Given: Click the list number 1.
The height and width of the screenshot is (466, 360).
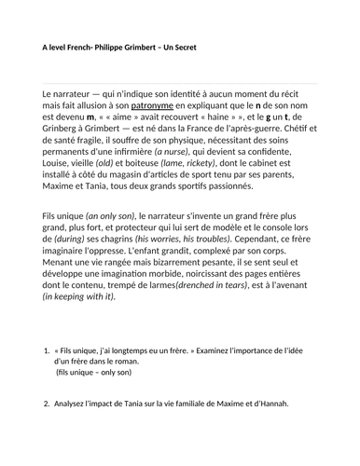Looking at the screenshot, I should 47,376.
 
